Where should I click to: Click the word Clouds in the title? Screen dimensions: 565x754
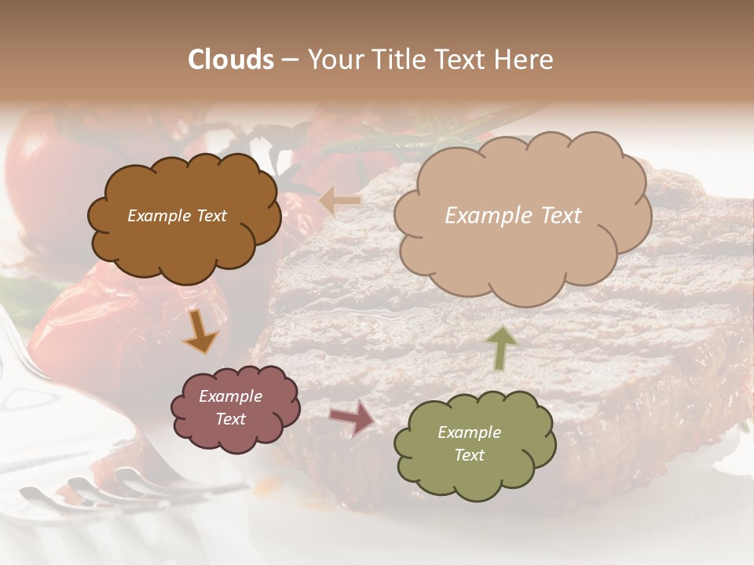click(231, 60)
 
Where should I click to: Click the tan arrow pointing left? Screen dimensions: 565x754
click(340, 202)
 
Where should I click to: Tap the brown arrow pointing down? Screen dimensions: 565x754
click(200, 331)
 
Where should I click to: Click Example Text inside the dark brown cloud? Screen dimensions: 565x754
click(177, 216)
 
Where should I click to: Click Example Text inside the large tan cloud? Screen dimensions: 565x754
click(513, 216)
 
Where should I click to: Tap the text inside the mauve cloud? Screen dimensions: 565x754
click(230, 407)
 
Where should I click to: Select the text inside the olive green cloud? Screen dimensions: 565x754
click(469, 443)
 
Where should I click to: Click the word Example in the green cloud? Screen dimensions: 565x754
click(469, 432)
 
